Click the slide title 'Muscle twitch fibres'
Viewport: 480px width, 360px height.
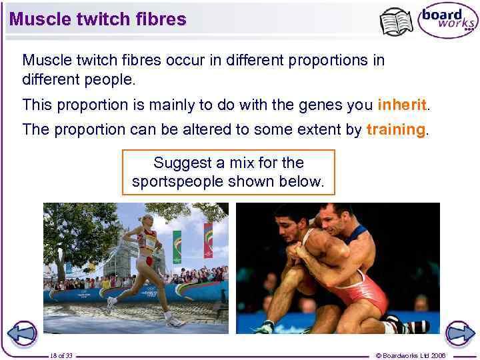tap(98, 19)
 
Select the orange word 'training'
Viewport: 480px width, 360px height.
tap(395, 129)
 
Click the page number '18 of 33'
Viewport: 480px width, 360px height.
tap(61, 355)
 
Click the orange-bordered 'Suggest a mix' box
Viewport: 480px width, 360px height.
tap(228, 172)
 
